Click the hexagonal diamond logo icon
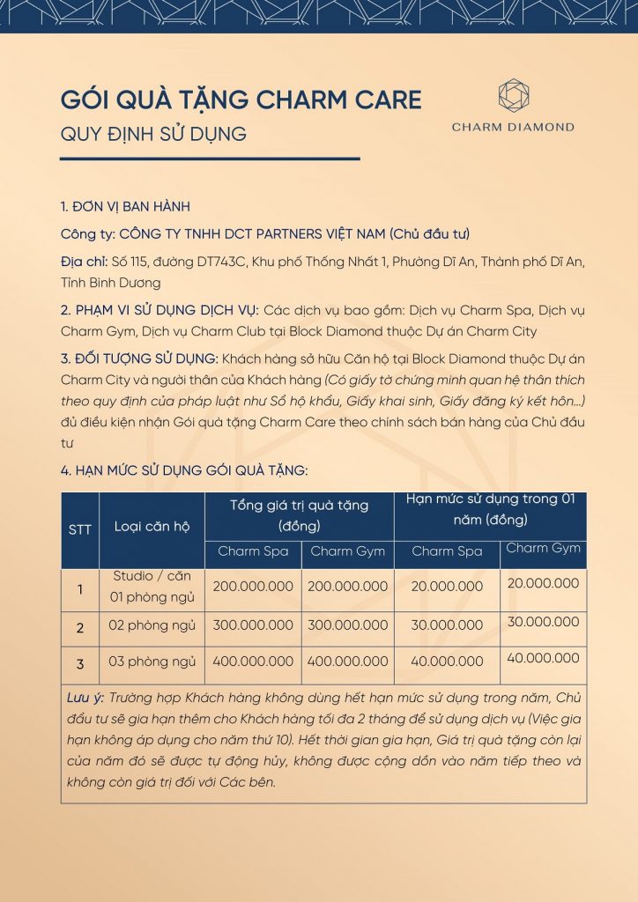click(x=513, y=95)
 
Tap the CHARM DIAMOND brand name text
click(x=513, y=127)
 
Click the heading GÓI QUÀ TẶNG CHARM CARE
click(x=241, y=100)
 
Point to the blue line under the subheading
click(x=210, y=159)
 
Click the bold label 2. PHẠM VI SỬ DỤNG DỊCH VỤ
click(x=159, y=311)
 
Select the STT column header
click(x=80, y=529)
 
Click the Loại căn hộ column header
click(x=152, y=527)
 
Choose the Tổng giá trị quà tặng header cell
click(x=299, y=515)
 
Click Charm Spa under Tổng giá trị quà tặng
click(x=252, y=551)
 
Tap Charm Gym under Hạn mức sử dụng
click(x=543, y=548)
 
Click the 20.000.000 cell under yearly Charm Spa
click(x=447, y=586)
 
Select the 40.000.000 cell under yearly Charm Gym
click(x=543, y=657)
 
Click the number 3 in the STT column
click(x=80, y=662)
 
